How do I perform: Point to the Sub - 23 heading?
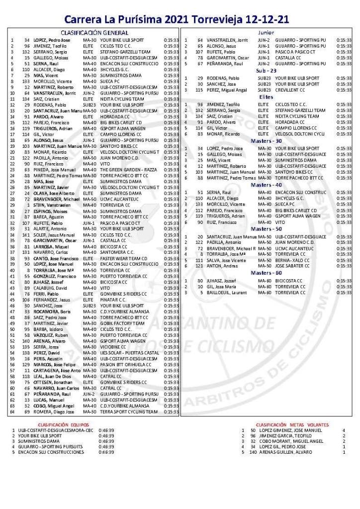click(266, 71)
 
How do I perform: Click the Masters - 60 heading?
click(266, 273)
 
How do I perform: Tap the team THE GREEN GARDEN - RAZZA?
click(129, 169)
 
